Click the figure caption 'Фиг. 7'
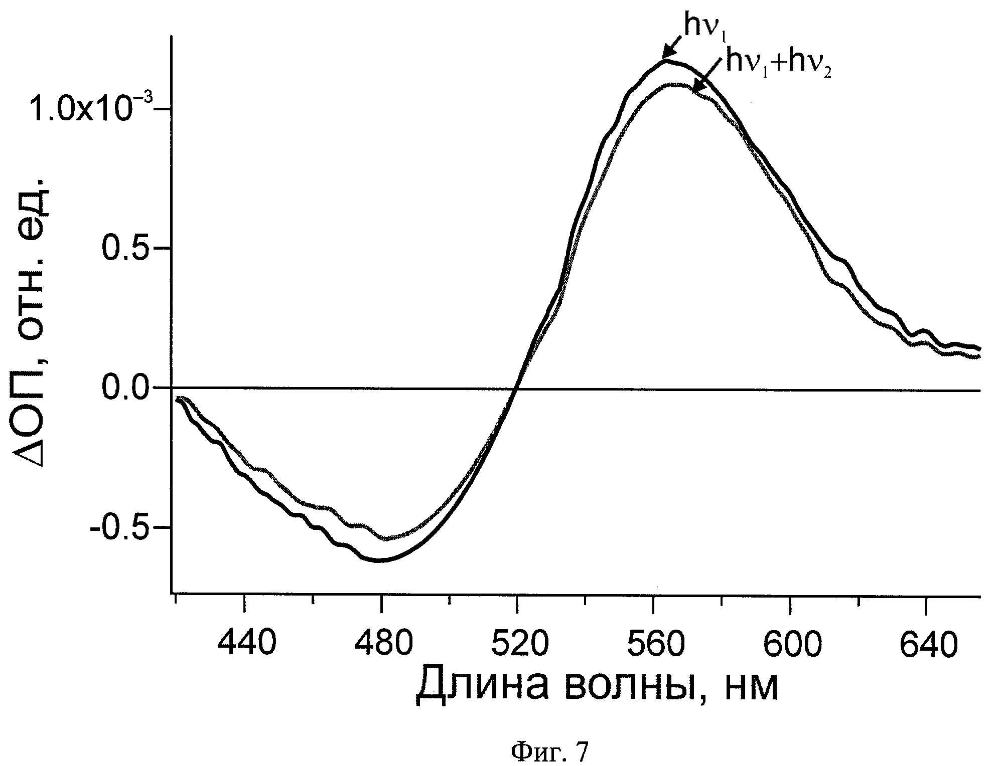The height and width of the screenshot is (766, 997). coord(549,752)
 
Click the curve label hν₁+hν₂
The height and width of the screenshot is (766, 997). coord(779,65)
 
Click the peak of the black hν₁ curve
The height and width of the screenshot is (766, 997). coord(666,61)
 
